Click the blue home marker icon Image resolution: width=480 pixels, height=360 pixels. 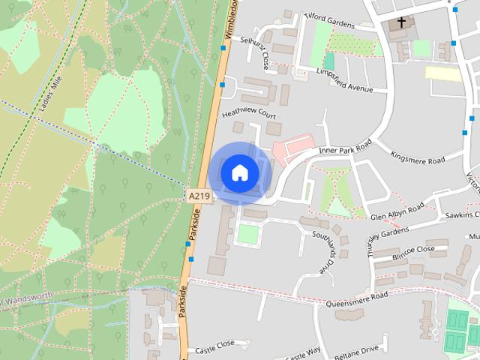[239, 172]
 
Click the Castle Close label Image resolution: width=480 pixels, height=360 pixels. [215, 349]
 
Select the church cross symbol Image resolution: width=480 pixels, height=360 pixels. [402, 22]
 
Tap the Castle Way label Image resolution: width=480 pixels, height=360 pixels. [304, 352]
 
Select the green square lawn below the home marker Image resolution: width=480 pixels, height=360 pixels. [248, 234]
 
